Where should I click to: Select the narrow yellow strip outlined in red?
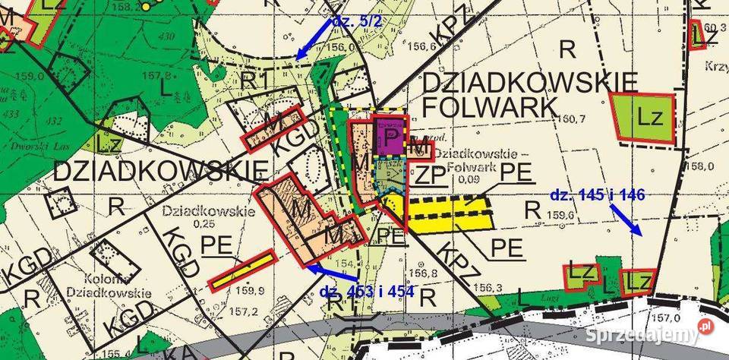point(242,270)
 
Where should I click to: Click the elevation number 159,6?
point(562,216)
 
